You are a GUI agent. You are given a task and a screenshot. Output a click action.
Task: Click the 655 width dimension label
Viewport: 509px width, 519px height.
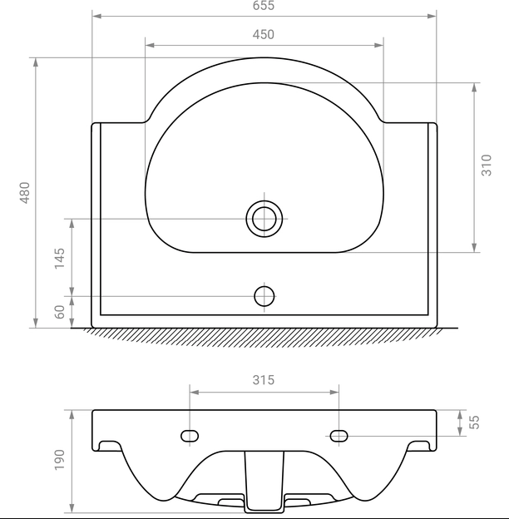(264, 5)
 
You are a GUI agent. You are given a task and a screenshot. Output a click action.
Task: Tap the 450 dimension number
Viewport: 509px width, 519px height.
(264, 34)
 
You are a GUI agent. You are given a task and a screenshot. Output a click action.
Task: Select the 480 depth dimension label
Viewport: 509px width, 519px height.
(25, 193)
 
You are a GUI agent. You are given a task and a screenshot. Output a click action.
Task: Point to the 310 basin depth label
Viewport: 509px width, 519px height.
(487, 165)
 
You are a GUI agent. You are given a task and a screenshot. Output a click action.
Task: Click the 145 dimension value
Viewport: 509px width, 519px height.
(60, 258)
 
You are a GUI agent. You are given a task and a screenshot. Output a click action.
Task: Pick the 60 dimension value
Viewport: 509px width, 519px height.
(60, 312)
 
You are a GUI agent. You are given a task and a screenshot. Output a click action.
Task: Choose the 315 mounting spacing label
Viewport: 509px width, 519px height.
(264, 380)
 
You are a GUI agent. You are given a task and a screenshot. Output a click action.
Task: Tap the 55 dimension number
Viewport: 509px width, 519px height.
(475, 422)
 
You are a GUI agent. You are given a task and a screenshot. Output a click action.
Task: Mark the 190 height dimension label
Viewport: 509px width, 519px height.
(60, 459)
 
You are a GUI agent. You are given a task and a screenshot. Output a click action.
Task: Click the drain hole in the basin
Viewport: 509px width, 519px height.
(264, 219)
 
